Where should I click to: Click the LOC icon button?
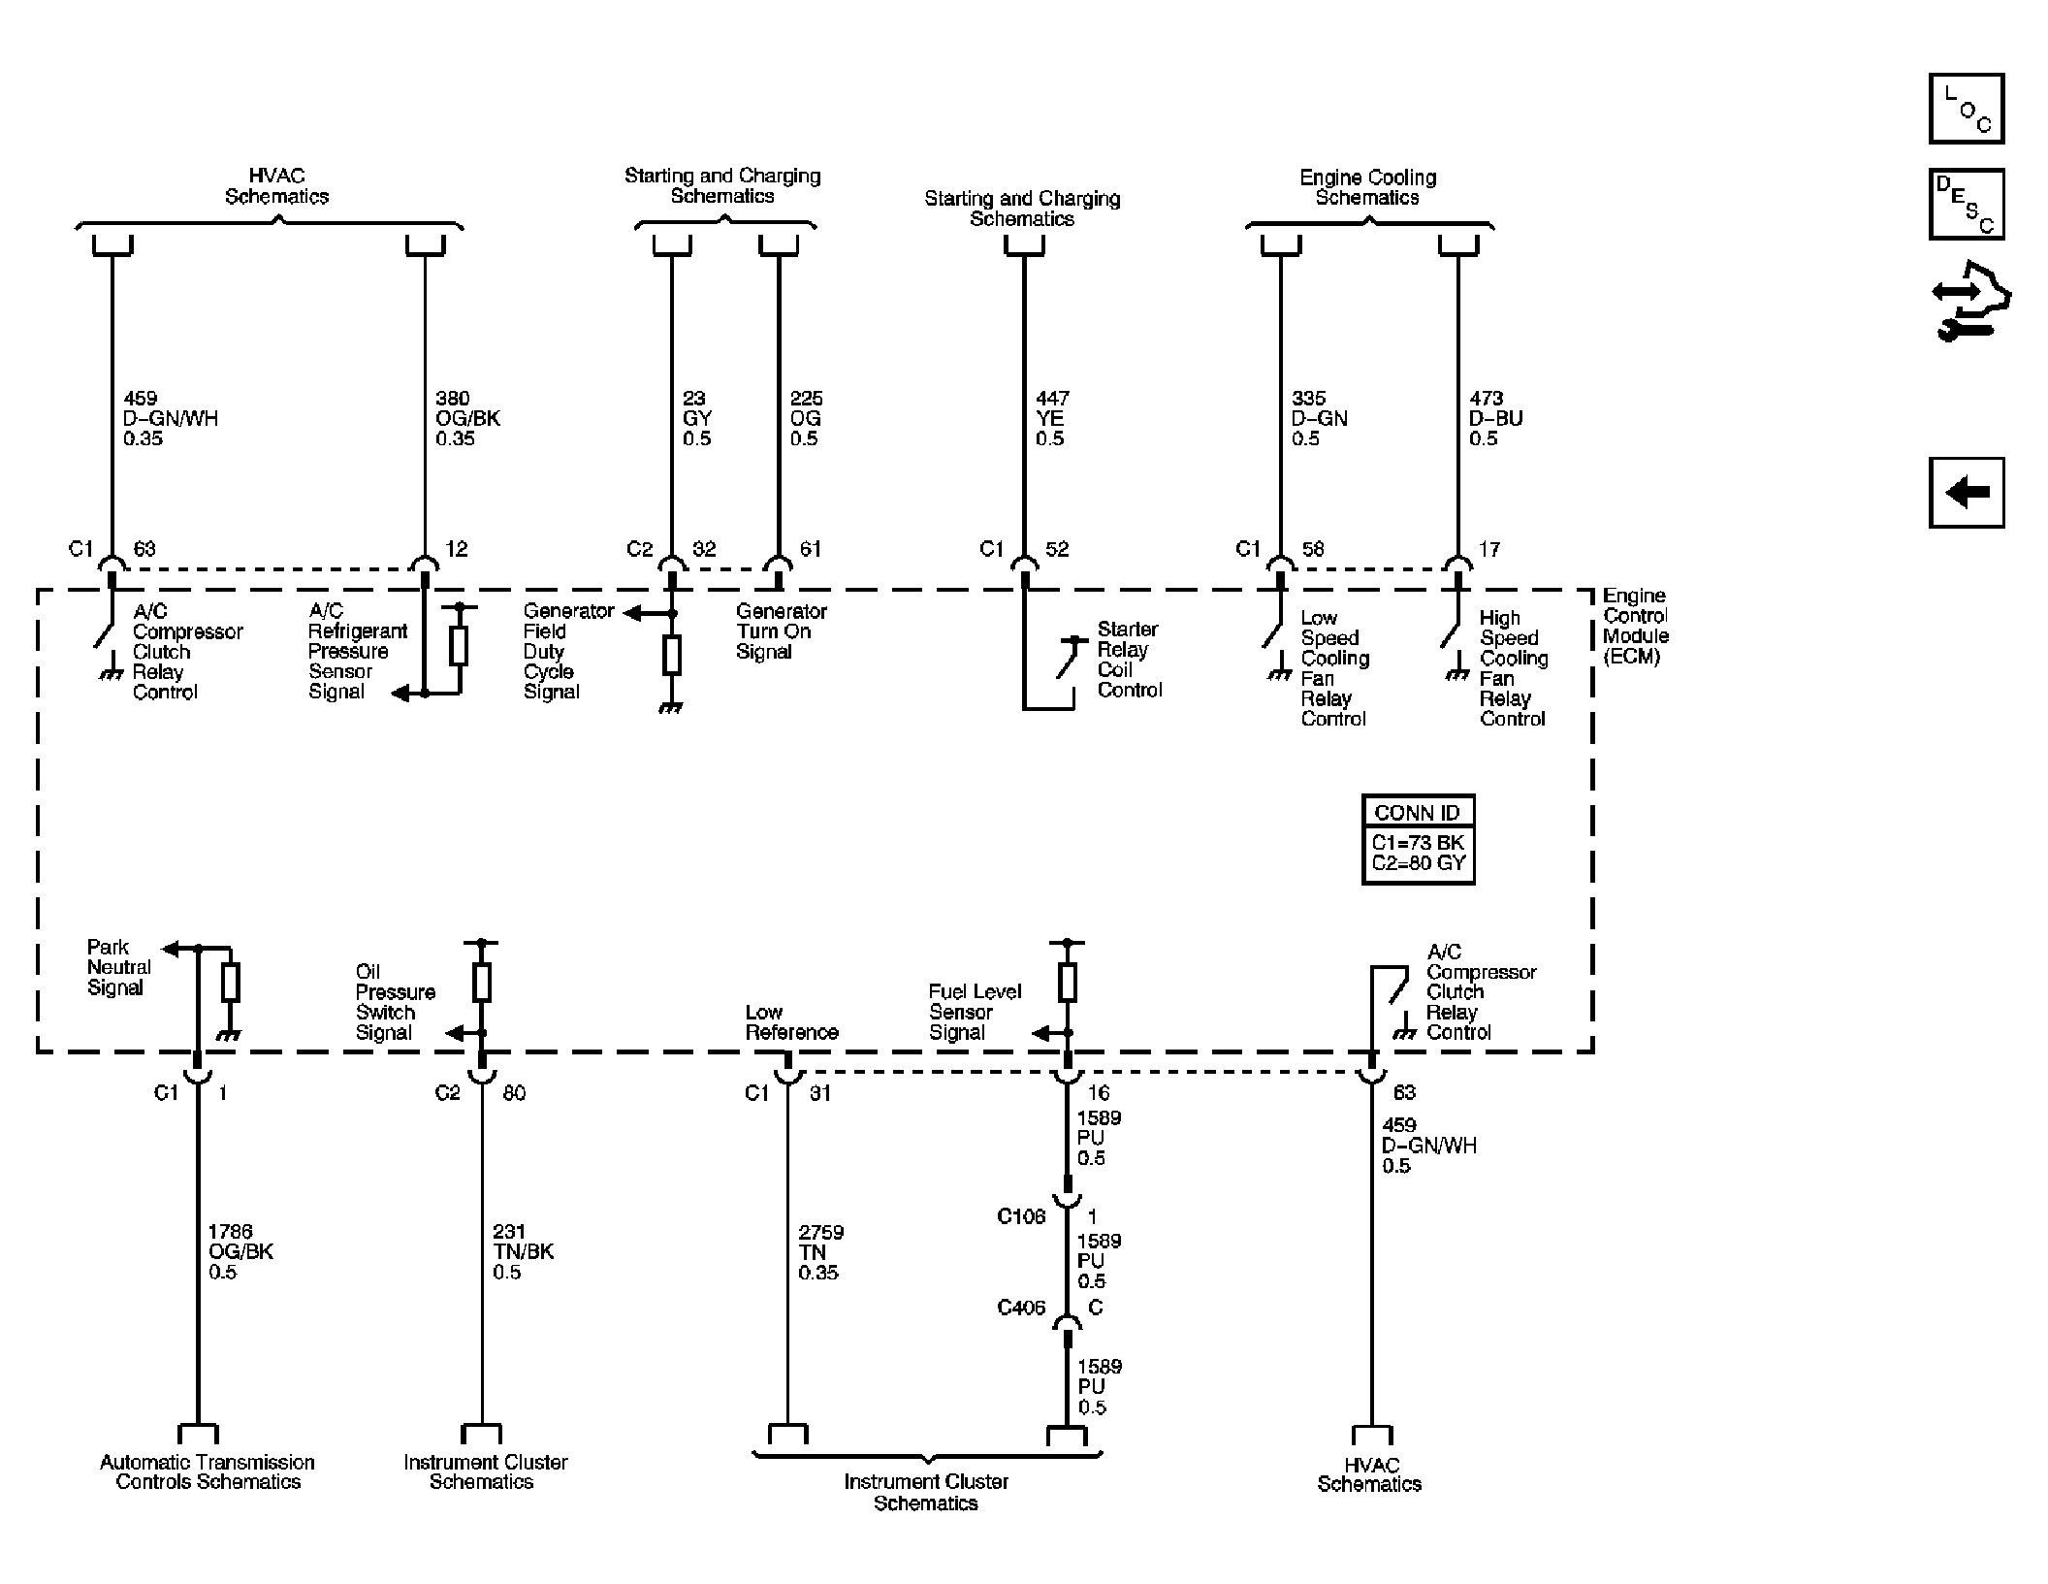(x=1966, y=108)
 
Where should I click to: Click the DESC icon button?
(x=1966, y=205)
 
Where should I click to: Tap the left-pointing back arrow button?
(x=1966, y=493)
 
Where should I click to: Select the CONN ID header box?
(x=1418, y=812)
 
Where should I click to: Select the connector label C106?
(x=1021, y=1216)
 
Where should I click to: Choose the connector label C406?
(x=1021, y=1308)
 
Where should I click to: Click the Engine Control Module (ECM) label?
(x=1636, y=626)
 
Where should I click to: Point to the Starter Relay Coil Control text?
(x=1129, y=660)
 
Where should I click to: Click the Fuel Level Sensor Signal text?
(x=975, y=1012)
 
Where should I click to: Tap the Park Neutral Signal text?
(x=119, y=967)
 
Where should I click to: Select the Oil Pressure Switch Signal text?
(x=395, y=1002)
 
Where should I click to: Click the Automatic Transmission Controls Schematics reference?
(x=208, y=1471)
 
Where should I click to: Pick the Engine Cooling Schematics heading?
(x=1367, y=187)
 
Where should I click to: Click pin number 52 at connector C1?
(x=1057, y=549)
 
